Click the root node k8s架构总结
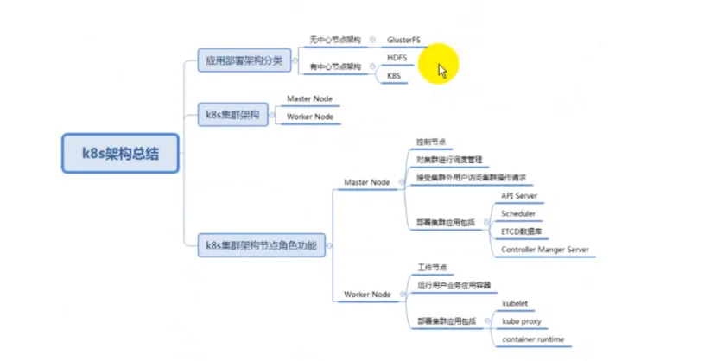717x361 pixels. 120,154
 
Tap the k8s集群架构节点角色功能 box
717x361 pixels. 260,246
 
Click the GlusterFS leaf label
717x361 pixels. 404,40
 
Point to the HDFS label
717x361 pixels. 397,58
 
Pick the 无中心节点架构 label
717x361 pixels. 335,40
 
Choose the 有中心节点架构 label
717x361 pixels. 335,66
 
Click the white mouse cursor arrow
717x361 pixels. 442,68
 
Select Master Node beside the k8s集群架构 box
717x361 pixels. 309,99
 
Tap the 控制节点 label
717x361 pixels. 430,142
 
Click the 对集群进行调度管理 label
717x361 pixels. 448,160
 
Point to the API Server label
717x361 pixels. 519,196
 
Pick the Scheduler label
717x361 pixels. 518,213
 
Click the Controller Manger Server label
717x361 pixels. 545,250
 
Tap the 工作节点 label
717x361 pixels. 431,269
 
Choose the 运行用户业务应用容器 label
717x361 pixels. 454,286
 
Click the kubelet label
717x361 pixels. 515,304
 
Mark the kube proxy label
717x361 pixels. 522,321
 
